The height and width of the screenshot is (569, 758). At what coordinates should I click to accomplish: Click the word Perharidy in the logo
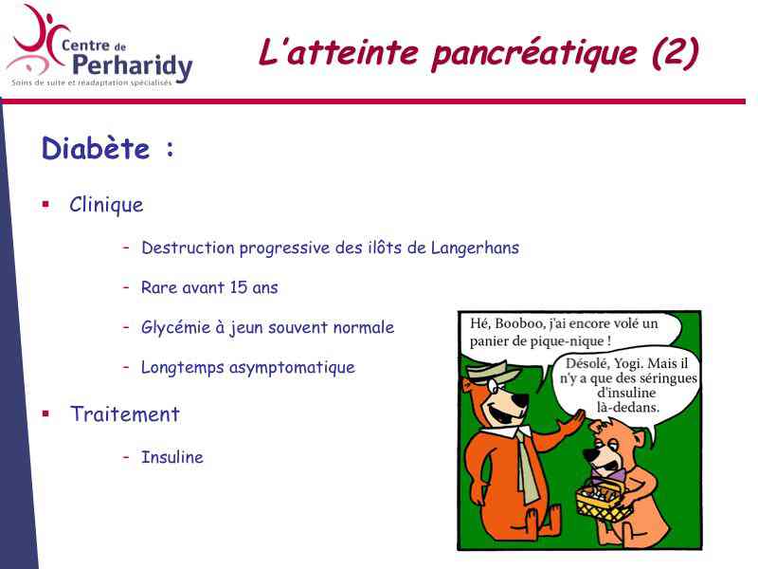(133, 66)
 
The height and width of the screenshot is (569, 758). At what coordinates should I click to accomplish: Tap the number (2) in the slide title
(675, 52)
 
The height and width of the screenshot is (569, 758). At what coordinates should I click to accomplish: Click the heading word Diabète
(96, 148)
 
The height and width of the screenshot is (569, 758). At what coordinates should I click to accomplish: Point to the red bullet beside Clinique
(45, 204)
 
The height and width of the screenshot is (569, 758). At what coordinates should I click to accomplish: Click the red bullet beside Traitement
(45, 413)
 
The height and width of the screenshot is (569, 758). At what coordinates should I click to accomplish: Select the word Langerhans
(475, 248)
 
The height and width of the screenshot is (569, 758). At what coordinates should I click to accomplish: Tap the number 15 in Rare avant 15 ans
(239, 287)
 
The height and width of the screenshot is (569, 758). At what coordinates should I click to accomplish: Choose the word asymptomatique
(292, 368)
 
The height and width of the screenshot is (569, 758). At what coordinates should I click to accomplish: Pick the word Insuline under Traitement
(172, 457)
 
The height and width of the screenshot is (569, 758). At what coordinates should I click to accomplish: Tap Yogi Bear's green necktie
(528, 466)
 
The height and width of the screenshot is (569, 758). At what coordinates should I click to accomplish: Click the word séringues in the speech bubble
(668, 377)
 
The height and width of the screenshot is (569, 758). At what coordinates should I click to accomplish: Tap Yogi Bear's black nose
(520, 400)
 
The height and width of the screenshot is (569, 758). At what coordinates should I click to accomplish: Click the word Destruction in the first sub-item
(188, 248)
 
